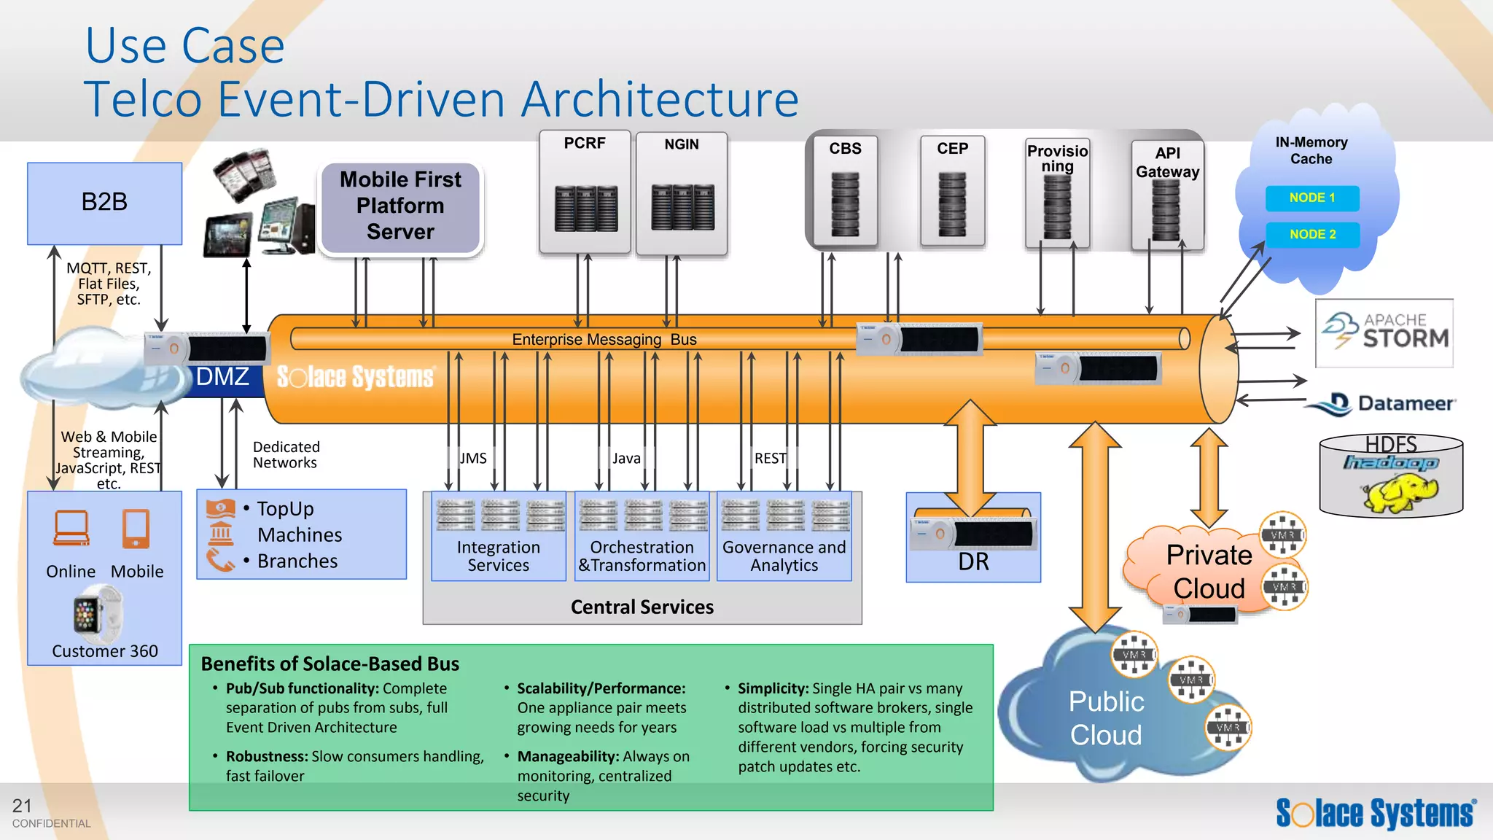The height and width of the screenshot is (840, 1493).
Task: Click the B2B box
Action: pyautogui.click(x=104, y=202)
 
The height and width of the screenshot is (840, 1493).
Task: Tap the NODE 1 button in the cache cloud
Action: pyautogui.click(x=1312, y=198)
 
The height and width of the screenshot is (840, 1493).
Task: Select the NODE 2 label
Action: pyautogui.click(x=1312, y=234)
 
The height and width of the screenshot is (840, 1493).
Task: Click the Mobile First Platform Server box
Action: pyautogui.click(x=400, y=206)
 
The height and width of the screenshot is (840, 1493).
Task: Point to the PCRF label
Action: pyautogui.click(x=585, y=143)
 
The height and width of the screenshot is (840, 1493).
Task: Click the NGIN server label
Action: pyautogui.click(x=681, y=144)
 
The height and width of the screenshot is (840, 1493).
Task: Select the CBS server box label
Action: pyautogui.click(x=845, y=148)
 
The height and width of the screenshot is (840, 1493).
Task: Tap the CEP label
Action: pyautogui.click(x=952, y=148)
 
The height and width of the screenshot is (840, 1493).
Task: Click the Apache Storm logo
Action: pyautogui.click(x=1384, y=332)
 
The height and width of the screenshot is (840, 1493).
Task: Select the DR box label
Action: pyautogui.click(x=973, y=562)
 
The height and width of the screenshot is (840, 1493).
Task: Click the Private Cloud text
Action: pyautogui.click(x=1209, y=572)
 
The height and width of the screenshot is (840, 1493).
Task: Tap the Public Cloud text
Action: pyautogui.click(x=1106, y=718)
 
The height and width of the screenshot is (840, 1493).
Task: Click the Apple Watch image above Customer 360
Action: pyautogui.click(x=87, y=615)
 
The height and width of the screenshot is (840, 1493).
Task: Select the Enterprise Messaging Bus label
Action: pyautogui.click(x=604, y=339)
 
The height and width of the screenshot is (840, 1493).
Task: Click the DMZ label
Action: pyautogui.click(x=222, y=377)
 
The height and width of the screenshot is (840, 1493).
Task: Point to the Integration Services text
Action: pyautogui.click(x=499, y=556)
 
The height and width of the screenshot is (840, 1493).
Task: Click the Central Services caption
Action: pyautogui.click(x=642, y=607)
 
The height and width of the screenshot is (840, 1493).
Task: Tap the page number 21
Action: pyautogui.click(x=22, y=806)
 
